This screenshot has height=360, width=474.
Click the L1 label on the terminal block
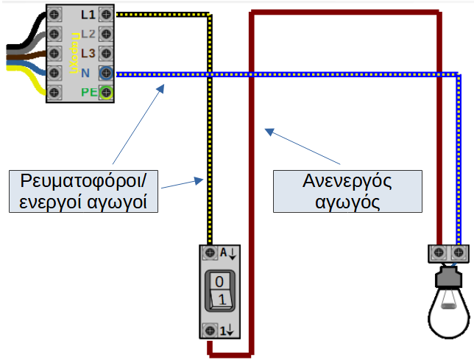pos(88,14)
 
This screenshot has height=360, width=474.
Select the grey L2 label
pos(88,34)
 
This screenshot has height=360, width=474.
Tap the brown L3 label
pos(88,53)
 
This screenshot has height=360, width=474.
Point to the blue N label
pos(85,72)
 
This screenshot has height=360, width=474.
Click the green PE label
pos(88,92)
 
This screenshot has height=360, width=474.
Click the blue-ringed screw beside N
pos(107,72)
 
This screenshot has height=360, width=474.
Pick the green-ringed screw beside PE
pos(107,92)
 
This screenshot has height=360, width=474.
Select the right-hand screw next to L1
pos(107,14)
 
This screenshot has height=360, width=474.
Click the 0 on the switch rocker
pos(219,282)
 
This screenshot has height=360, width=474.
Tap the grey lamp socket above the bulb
pos(450,278)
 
